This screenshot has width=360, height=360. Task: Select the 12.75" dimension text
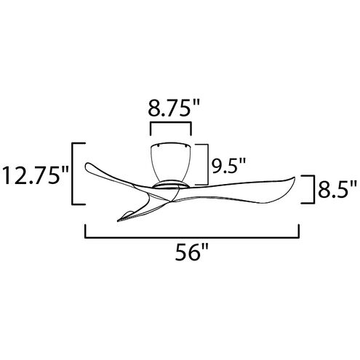pos(34,175)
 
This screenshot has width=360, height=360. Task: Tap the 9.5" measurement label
pos(227,167)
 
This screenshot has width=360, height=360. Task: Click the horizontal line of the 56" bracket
pos(193,236)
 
